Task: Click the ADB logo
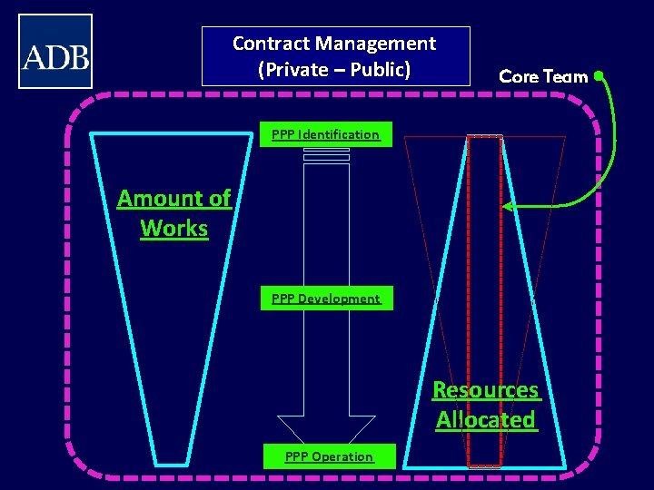55,52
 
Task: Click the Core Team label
543,77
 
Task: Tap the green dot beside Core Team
599,76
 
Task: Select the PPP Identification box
326,134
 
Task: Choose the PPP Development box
326,299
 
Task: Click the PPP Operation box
329,456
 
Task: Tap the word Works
174,229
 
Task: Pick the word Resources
486,390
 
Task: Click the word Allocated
486,420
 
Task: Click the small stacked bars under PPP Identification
326,156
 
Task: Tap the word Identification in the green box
342,134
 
